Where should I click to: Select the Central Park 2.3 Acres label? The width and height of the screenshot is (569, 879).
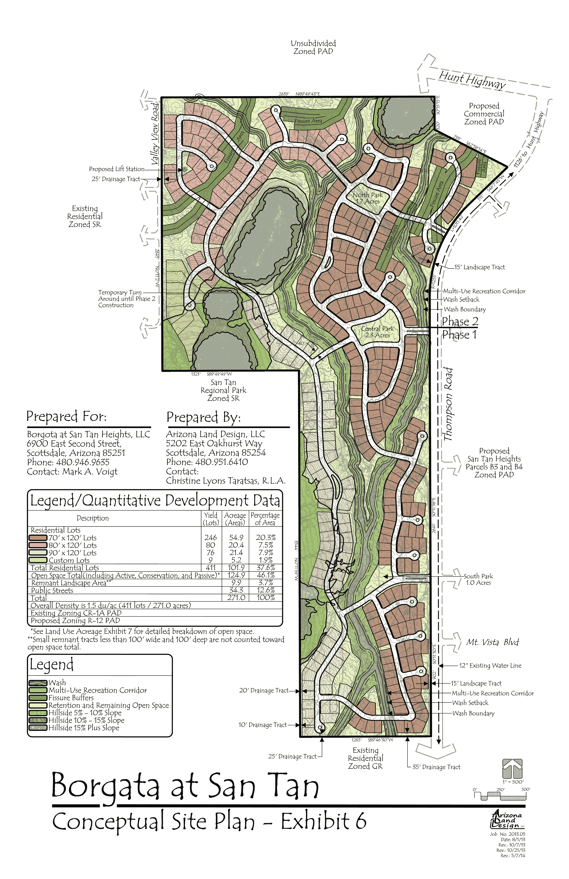pos(377,332)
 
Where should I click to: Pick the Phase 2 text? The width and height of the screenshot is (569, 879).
pos(460,321)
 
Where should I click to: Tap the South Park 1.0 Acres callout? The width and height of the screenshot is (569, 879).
pos(478,579)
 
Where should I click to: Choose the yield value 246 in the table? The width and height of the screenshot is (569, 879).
pos(210,538)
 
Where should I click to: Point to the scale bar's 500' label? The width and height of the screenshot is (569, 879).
pos(525,789)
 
